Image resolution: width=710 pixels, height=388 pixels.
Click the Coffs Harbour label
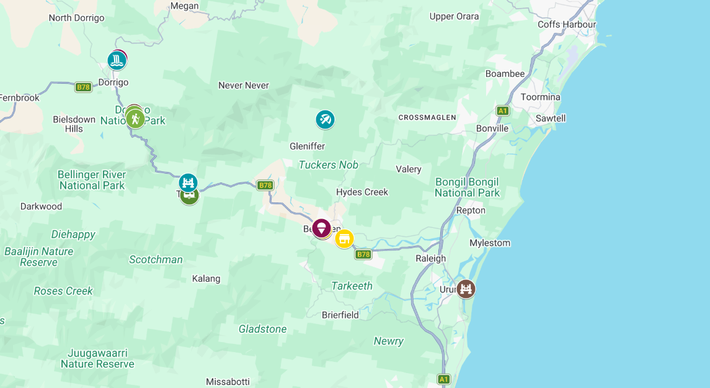(567, 25)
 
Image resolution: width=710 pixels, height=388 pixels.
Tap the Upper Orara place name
(454, 16)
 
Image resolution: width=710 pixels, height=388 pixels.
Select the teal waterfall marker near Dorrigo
(117, 61)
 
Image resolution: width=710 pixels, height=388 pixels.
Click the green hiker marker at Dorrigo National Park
(135, 118)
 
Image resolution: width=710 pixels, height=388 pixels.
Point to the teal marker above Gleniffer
(325, 119)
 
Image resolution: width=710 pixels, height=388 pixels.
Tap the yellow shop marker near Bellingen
(344, 238)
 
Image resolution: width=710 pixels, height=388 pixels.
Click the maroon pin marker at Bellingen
(321, 228)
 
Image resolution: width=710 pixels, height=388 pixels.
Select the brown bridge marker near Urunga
(466, 289)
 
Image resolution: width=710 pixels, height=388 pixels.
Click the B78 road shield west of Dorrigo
(84, 87)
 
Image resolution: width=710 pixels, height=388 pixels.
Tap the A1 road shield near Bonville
(503, 111)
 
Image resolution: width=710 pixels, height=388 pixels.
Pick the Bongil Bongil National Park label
(467, 187)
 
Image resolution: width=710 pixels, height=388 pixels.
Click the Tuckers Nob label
(329, 165)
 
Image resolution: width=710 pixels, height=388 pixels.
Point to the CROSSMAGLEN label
(427, 117)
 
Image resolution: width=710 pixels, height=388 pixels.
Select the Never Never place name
(244, 85)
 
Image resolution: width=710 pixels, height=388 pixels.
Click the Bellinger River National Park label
(92, 180)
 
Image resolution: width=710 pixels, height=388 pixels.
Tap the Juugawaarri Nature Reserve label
(97, 358)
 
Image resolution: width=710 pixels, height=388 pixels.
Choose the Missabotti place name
(228, 382)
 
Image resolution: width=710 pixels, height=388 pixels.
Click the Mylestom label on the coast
(490, 243)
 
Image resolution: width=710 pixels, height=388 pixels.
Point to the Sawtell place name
(551, 118)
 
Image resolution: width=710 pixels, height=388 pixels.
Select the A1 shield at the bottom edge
(443, 379)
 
